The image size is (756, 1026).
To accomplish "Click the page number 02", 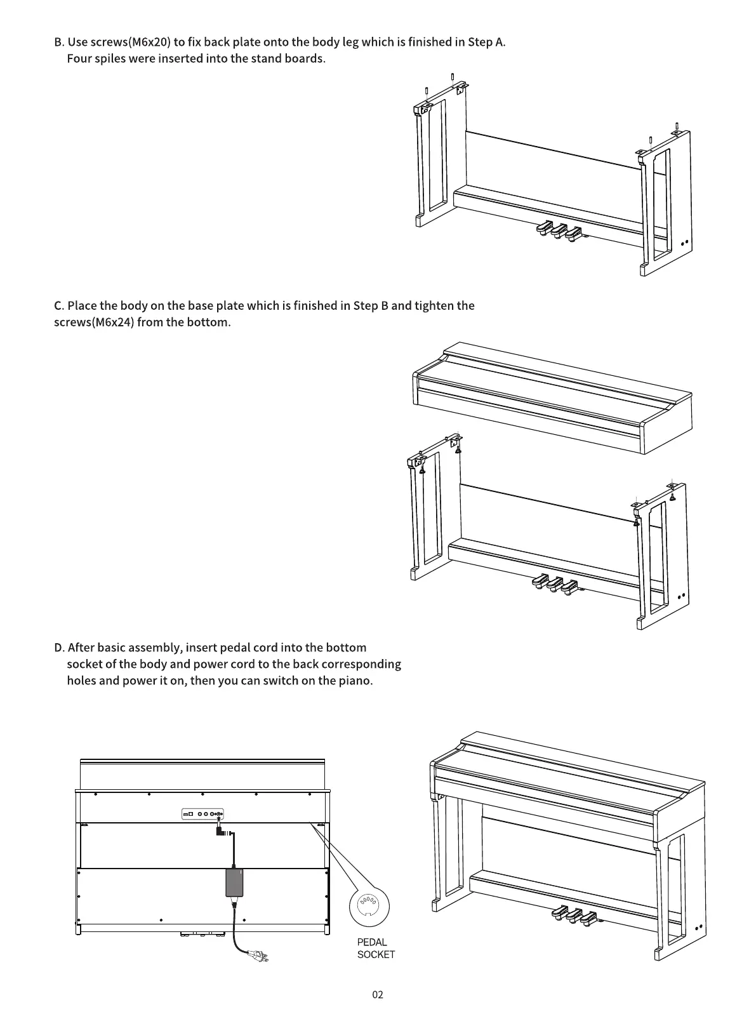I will click(x=378, y=994).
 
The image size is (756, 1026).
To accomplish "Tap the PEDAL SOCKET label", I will click(x=375, y=948).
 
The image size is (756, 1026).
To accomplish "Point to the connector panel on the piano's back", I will click(x=202, y=814).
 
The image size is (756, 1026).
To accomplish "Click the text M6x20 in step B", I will click(x=149, y=43).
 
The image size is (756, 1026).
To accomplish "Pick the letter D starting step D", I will click(x=58, y=648).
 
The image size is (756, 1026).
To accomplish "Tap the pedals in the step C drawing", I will click(x=555, y=583).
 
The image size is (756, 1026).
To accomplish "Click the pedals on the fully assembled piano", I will click(x=575, y=915).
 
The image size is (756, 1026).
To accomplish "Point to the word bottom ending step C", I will click(x=208, y=322).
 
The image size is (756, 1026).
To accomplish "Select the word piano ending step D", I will click(x=355, y=681).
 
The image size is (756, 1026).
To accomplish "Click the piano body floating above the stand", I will click(x=552, y=397).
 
